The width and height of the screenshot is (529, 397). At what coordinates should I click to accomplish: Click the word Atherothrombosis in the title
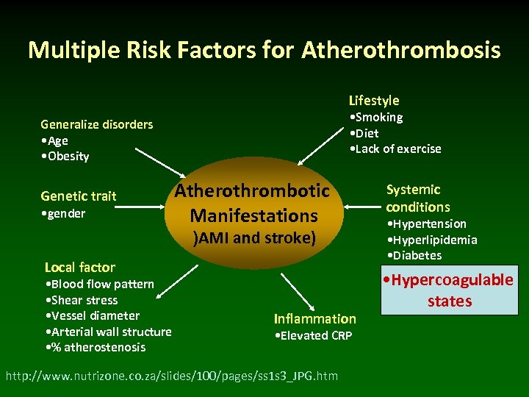coord(400,50)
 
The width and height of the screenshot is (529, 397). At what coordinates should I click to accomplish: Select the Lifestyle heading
coord(374,100)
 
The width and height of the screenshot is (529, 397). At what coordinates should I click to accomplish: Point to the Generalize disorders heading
coord(97,124)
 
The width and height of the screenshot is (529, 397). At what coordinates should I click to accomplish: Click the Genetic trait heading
coord(78,196)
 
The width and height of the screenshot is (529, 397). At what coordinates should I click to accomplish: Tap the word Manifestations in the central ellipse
coord(253,215)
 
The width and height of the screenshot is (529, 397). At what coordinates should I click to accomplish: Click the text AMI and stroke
coord(253,237)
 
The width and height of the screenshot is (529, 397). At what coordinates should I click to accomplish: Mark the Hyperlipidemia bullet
coord(431,240)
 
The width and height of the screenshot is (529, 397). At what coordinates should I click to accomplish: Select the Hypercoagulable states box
coord(449,290)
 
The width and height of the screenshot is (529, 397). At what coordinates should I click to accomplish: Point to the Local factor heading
coord(79,267)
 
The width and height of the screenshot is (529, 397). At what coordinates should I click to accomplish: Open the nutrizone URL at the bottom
coord(171,376)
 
